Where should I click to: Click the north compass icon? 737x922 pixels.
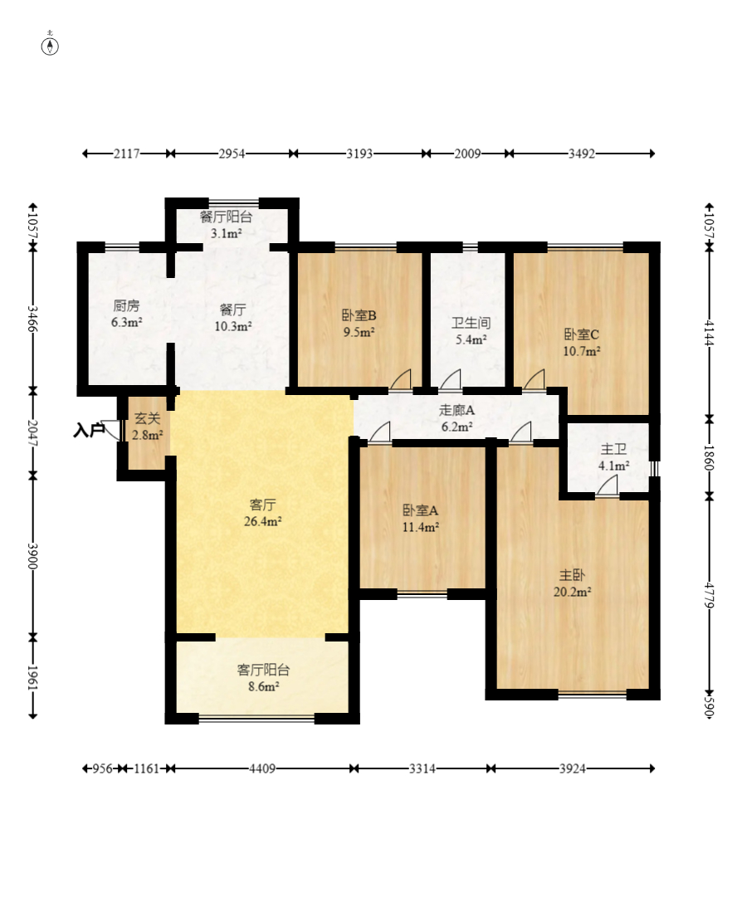click(x=50, y=45)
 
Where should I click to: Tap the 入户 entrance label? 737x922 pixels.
click(x=89, y=430)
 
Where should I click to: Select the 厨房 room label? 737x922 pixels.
click(x=126, y=305)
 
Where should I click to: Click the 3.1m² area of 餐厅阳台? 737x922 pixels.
click(x=226, y=233)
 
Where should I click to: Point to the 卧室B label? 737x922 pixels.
click(x=359, y=315)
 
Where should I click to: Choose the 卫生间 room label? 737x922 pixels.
click(x=470, y=322)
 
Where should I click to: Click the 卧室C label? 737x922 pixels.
click(x=581, y=334)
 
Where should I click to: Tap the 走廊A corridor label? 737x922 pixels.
click(x=456, y=410)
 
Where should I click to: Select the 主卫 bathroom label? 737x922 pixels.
click(x=613, y=449)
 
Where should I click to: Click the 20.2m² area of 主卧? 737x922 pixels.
click(x=573, y=592)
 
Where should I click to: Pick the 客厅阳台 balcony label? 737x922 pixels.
click(x=263, y=670)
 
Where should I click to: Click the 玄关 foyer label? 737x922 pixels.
click(x=147, y=419)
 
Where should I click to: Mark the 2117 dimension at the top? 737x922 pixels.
click(x=127, y=154)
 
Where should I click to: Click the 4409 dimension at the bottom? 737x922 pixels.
click(x=262, y=768)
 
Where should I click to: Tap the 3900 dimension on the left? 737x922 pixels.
click(x=32, y=555)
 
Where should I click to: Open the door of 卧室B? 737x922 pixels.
click(x=401, y=379)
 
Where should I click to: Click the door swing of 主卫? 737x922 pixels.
click(x=607, y=487)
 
